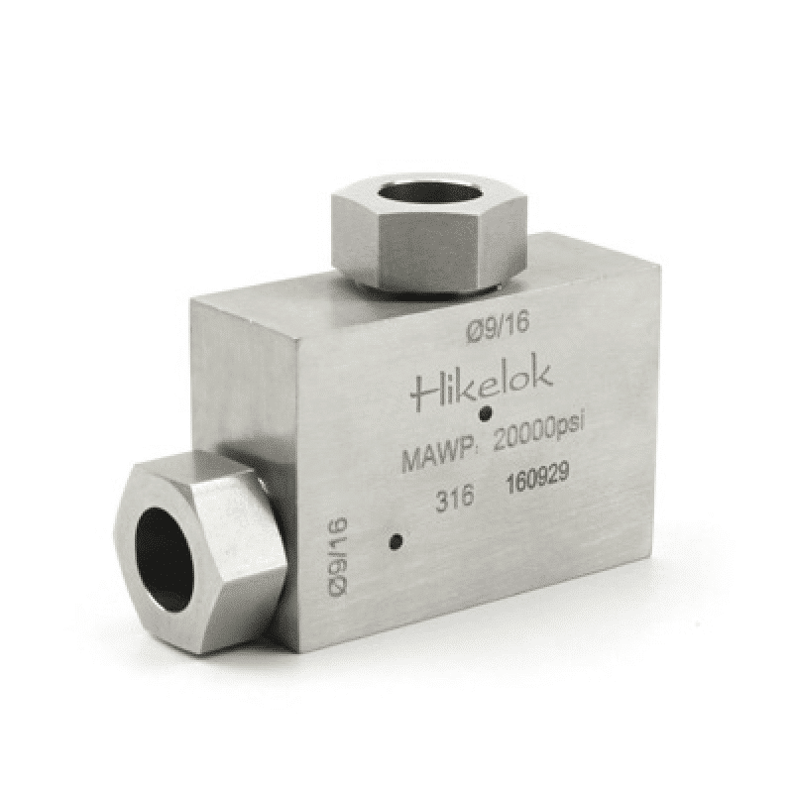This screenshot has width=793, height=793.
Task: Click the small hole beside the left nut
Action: [x=396, y=542]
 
